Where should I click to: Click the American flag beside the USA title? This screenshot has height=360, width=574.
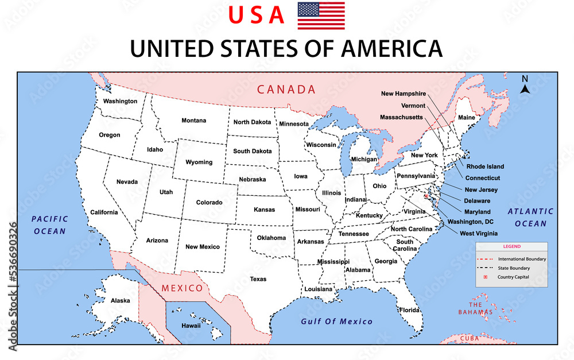point(321,16)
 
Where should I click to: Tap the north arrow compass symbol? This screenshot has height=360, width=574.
point(525,85)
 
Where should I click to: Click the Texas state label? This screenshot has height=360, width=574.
point(258,279)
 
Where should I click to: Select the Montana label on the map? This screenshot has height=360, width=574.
point(194,121)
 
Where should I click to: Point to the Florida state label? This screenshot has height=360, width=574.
point(410,310)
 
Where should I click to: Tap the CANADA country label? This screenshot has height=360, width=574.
point(286,90)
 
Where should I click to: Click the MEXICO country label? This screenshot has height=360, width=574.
point(182,288)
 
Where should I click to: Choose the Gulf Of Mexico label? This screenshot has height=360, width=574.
point(337,322)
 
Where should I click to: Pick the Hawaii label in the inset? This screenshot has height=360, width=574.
point(191,325)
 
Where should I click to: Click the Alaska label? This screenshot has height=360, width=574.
point(121,300)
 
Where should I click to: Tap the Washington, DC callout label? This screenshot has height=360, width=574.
point(471,222)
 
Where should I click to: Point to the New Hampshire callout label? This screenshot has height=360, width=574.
point(404,94)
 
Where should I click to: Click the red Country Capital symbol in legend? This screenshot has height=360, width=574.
point(485,277)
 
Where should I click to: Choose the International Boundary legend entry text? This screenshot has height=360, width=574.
point(522,259)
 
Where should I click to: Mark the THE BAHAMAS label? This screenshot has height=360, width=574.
point(475,308)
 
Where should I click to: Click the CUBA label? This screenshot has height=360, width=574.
point(469,339)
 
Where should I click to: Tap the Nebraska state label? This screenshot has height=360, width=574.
point(253,179)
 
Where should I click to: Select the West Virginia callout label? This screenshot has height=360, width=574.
point(479,233)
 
